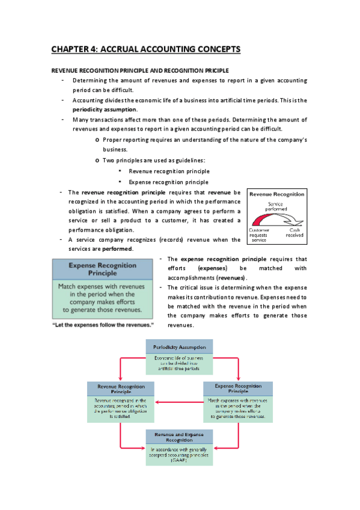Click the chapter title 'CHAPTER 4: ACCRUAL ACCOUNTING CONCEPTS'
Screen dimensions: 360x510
(x=145, y=49)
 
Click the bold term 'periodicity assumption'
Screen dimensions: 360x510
(x=105, y=109)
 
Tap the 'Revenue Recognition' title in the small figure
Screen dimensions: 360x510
(x=276, y=195)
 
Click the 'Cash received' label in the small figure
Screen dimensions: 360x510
(x=294, y=232)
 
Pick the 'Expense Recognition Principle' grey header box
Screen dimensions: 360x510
(x=103, y=269)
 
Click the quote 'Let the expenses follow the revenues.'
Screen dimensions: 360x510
(x=103, y=325)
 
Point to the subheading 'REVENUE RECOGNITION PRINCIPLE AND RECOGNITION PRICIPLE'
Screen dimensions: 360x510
(x=139, y=70)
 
